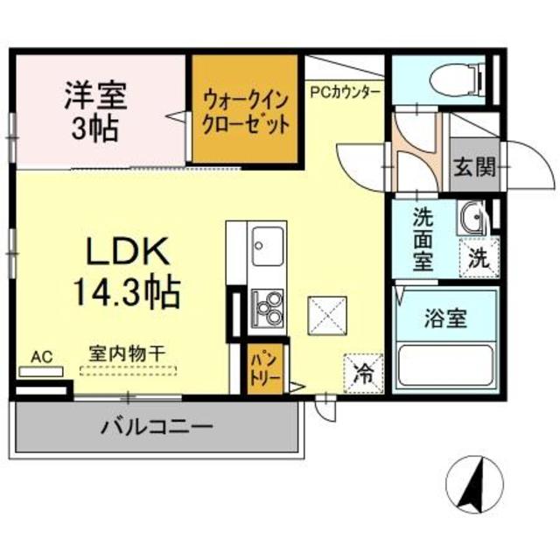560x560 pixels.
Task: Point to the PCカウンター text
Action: click(345, 90)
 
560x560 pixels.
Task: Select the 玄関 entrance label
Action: click(474, 166)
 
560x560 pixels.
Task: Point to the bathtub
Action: click(445, 367)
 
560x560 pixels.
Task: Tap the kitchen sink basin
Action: click(268, 244)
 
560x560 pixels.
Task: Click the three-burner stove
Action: click(267, 306)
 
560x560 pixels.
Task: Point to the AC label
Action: click(42, 356)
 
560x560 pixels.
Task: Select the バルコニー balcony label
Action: click(156, 429)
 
